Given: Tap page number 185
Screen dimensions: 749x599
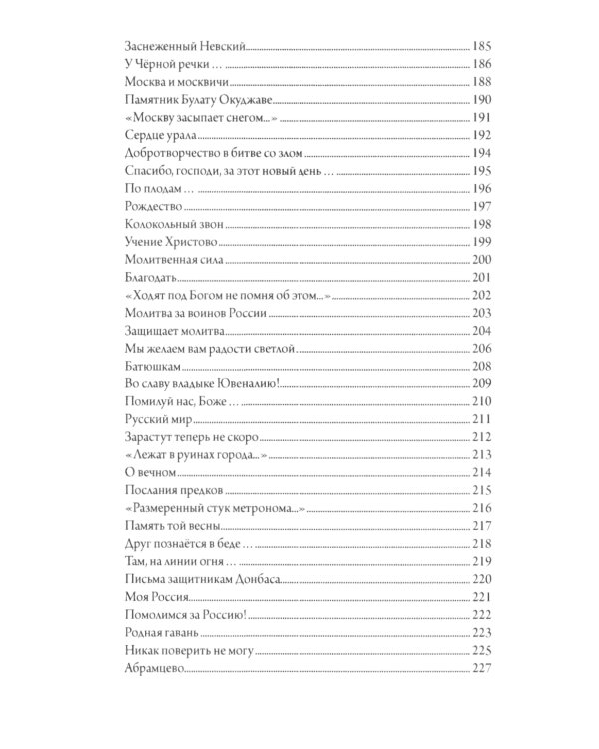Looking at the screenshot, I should click(482, 46).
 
